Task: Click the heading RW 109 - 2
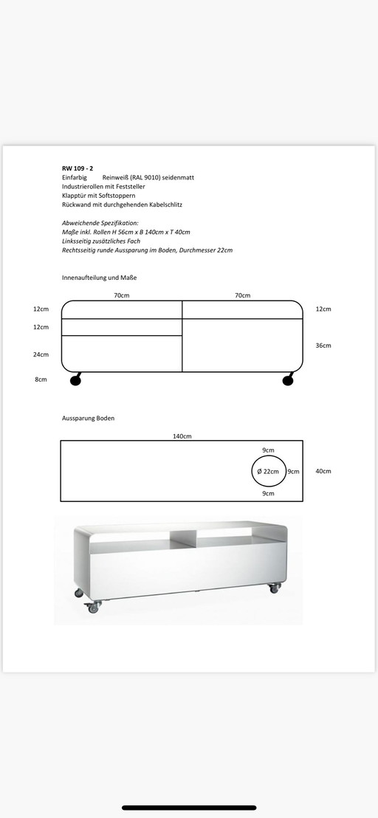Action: pos(78,168)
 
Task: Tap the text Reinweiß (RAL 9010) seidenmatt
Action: pos(154,178)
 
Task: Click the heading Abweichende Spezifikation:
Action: pos(100,222)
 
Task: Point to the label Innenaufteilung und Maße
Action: pos(100,278)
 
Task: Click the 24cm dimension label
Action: pos(41,354)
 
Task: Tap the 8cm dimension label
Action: pos(41,379)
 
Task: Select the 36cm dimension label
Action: pos(323,346)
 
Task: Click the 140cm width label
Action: pos(182,436)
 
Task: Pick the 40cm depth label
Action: pos(323,471)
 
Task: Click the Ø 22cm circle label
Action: pos(269,471)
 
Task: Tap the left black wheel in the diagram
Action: pos(75,380)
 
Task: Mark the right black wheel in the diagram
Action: pos(287,380)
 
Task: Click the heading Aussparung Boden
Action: pos(88,418)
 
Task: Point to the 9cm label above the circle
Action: pos(268,450)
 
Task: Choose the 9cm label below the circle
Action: pos(268,493)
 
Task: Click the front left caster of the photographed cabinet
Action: pos(93,607)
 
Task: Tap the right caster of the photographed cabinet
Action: pos(275,588)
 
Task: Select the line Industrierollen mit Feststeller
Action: pos(103,187)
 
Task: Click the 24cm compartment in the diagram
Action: pos(122,354)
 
